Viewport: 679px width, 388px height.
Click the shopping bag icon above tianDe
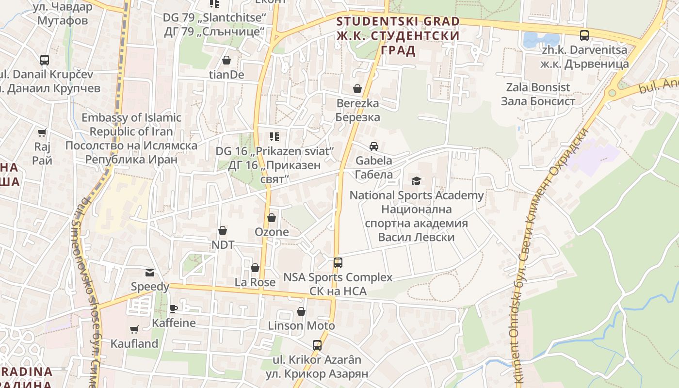click(226, 60)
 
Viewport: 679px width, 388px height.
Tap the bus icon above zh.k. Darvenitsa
click(584, 35)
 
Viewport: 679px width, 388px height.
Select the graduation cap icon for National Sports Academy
click(416, 181)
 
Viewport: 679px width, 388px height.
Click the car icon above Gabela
click(374, 146)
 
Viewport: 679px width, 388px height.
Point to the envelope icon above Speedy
click(150, 273)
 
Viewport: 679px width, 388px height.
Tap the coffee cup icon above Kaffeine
click(174, 308)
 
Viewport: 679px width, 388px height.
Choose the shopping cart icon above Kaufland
click(134, 329)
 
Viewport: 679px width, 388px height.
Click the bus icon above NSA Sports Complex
click(338, 263)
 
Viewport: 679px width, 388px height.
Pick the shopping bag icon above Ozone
click(272, 218)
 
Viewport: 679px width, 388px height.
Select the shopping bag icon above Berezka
click(357, 89)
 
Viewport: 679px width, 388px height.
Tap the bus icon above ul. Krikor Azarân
click(317, 345)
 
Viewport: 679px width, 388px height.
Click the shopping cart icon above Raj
click(43, 132)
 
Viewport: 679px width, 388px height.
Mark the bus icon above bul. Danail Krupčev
click(45, 60)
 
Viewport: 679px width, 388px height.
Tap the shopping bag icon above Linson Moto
click(301, 311)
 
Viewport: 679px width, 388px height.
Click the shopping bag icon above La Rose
click(255, 268)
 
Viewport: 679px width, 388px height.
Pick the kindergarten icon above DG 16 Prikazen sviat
click(275, 137)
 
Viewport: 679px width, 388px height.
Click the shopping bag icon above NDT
click(223, 230)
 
